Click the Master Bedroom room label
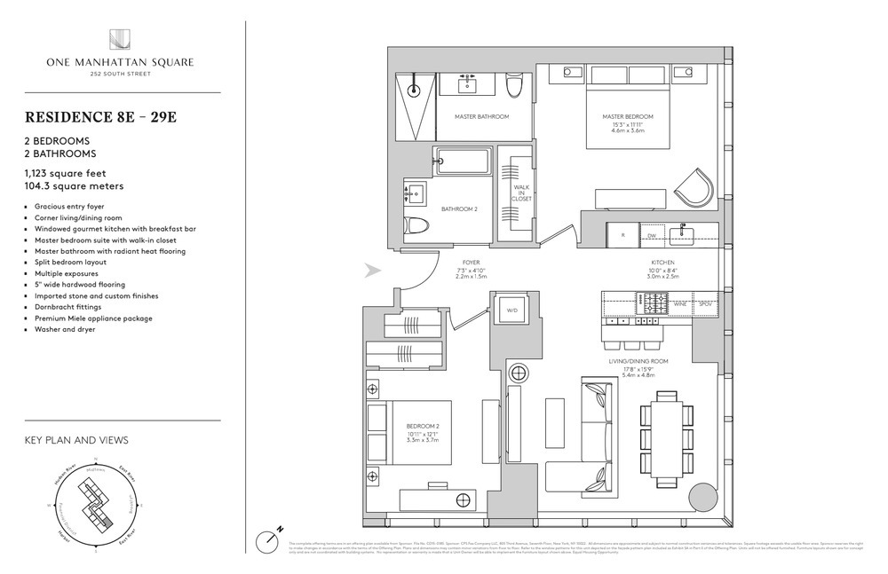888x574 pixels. [x=628, y=117]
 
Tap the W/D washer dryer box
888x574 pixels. [x=511, y=311]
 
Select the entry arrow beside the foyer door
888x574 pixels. [x=374, y=271]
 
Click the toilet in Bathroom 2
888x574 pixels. [x=414, y=227]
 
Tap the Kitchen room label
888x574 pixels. [x=662, y=263]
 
